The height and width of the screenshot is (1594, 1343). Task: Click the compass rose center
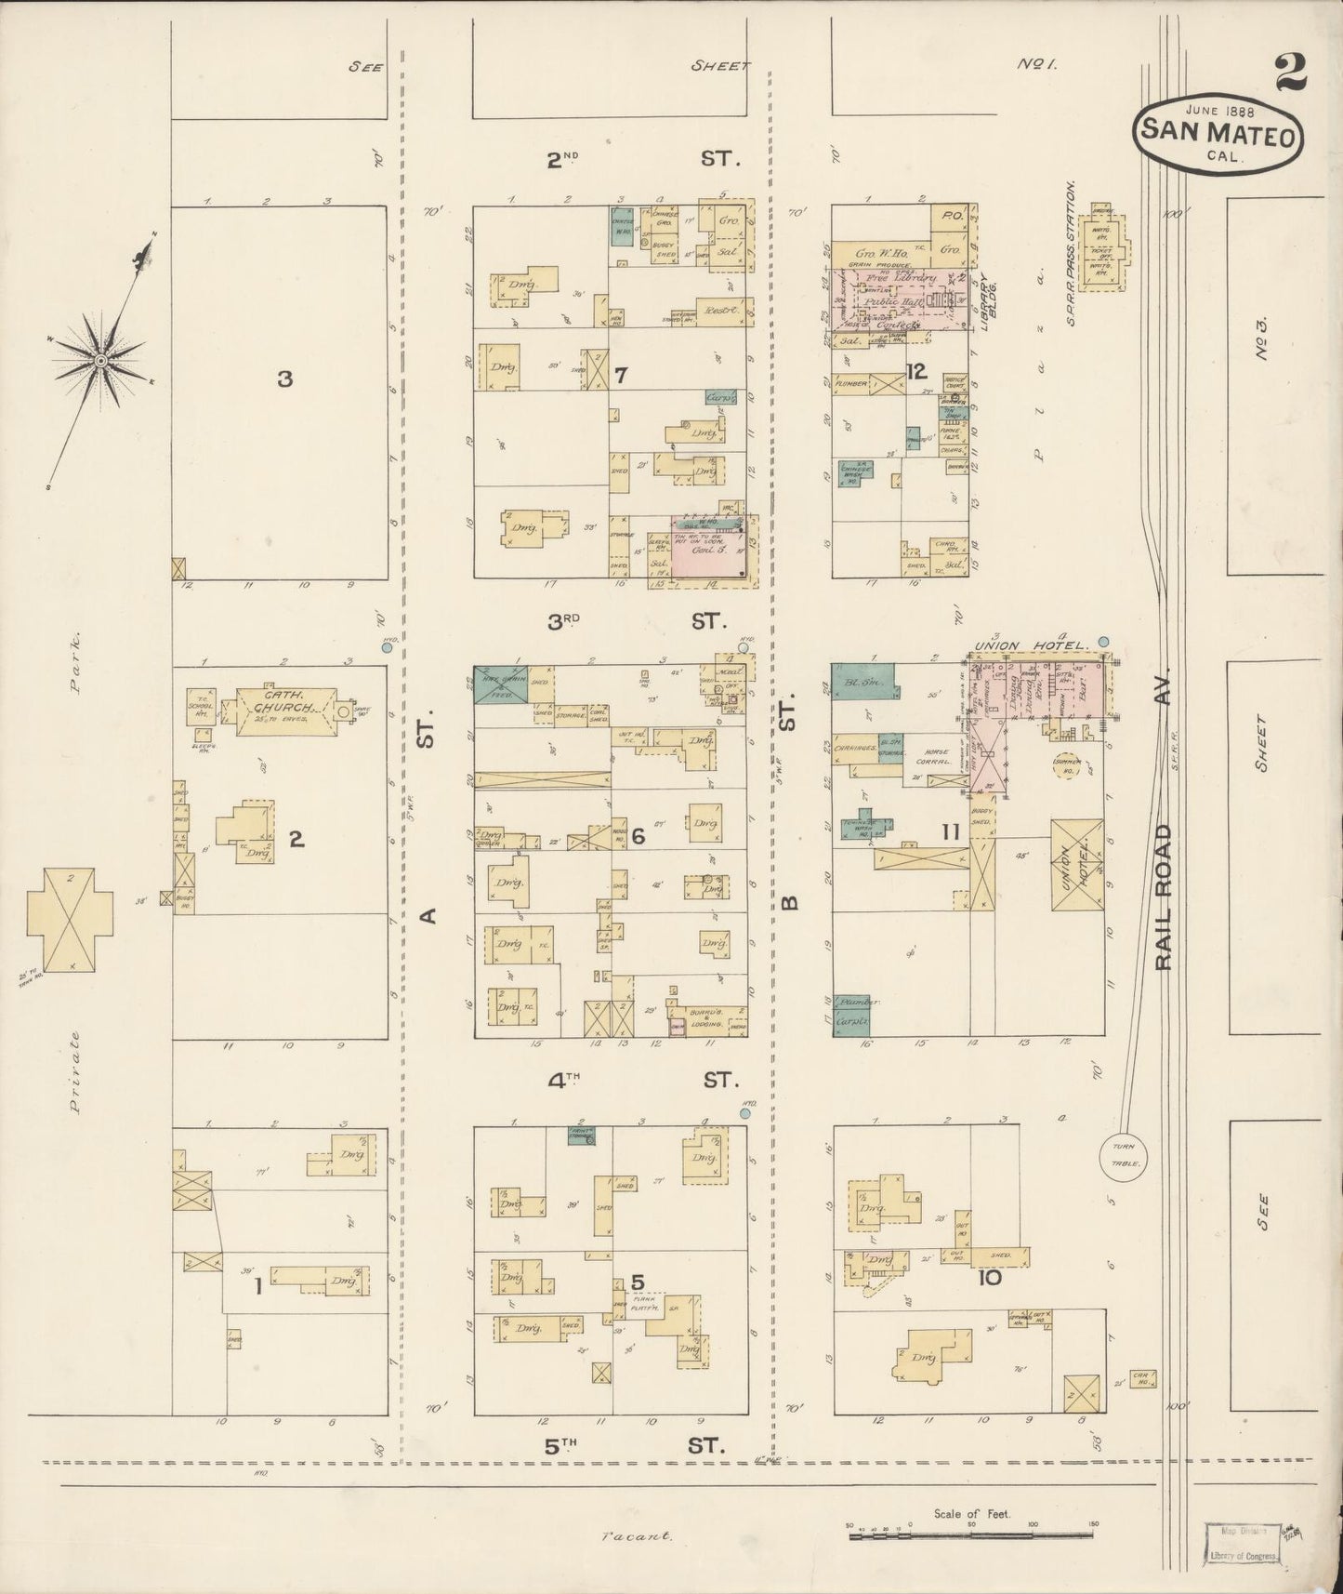tap(99, 359)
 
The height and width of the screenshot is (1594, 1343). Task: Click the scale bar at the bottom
tap(972, 1531)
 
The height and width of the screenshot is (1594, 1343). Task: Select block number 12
tap(917, 372)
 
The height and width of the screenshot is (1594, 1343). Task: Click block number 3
tap(284, 379)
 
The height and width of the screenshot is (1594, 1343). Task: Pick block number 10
tap(989, 1278)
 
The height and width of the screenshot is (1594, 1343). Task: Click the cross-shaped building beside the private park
tap(72, 919)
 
